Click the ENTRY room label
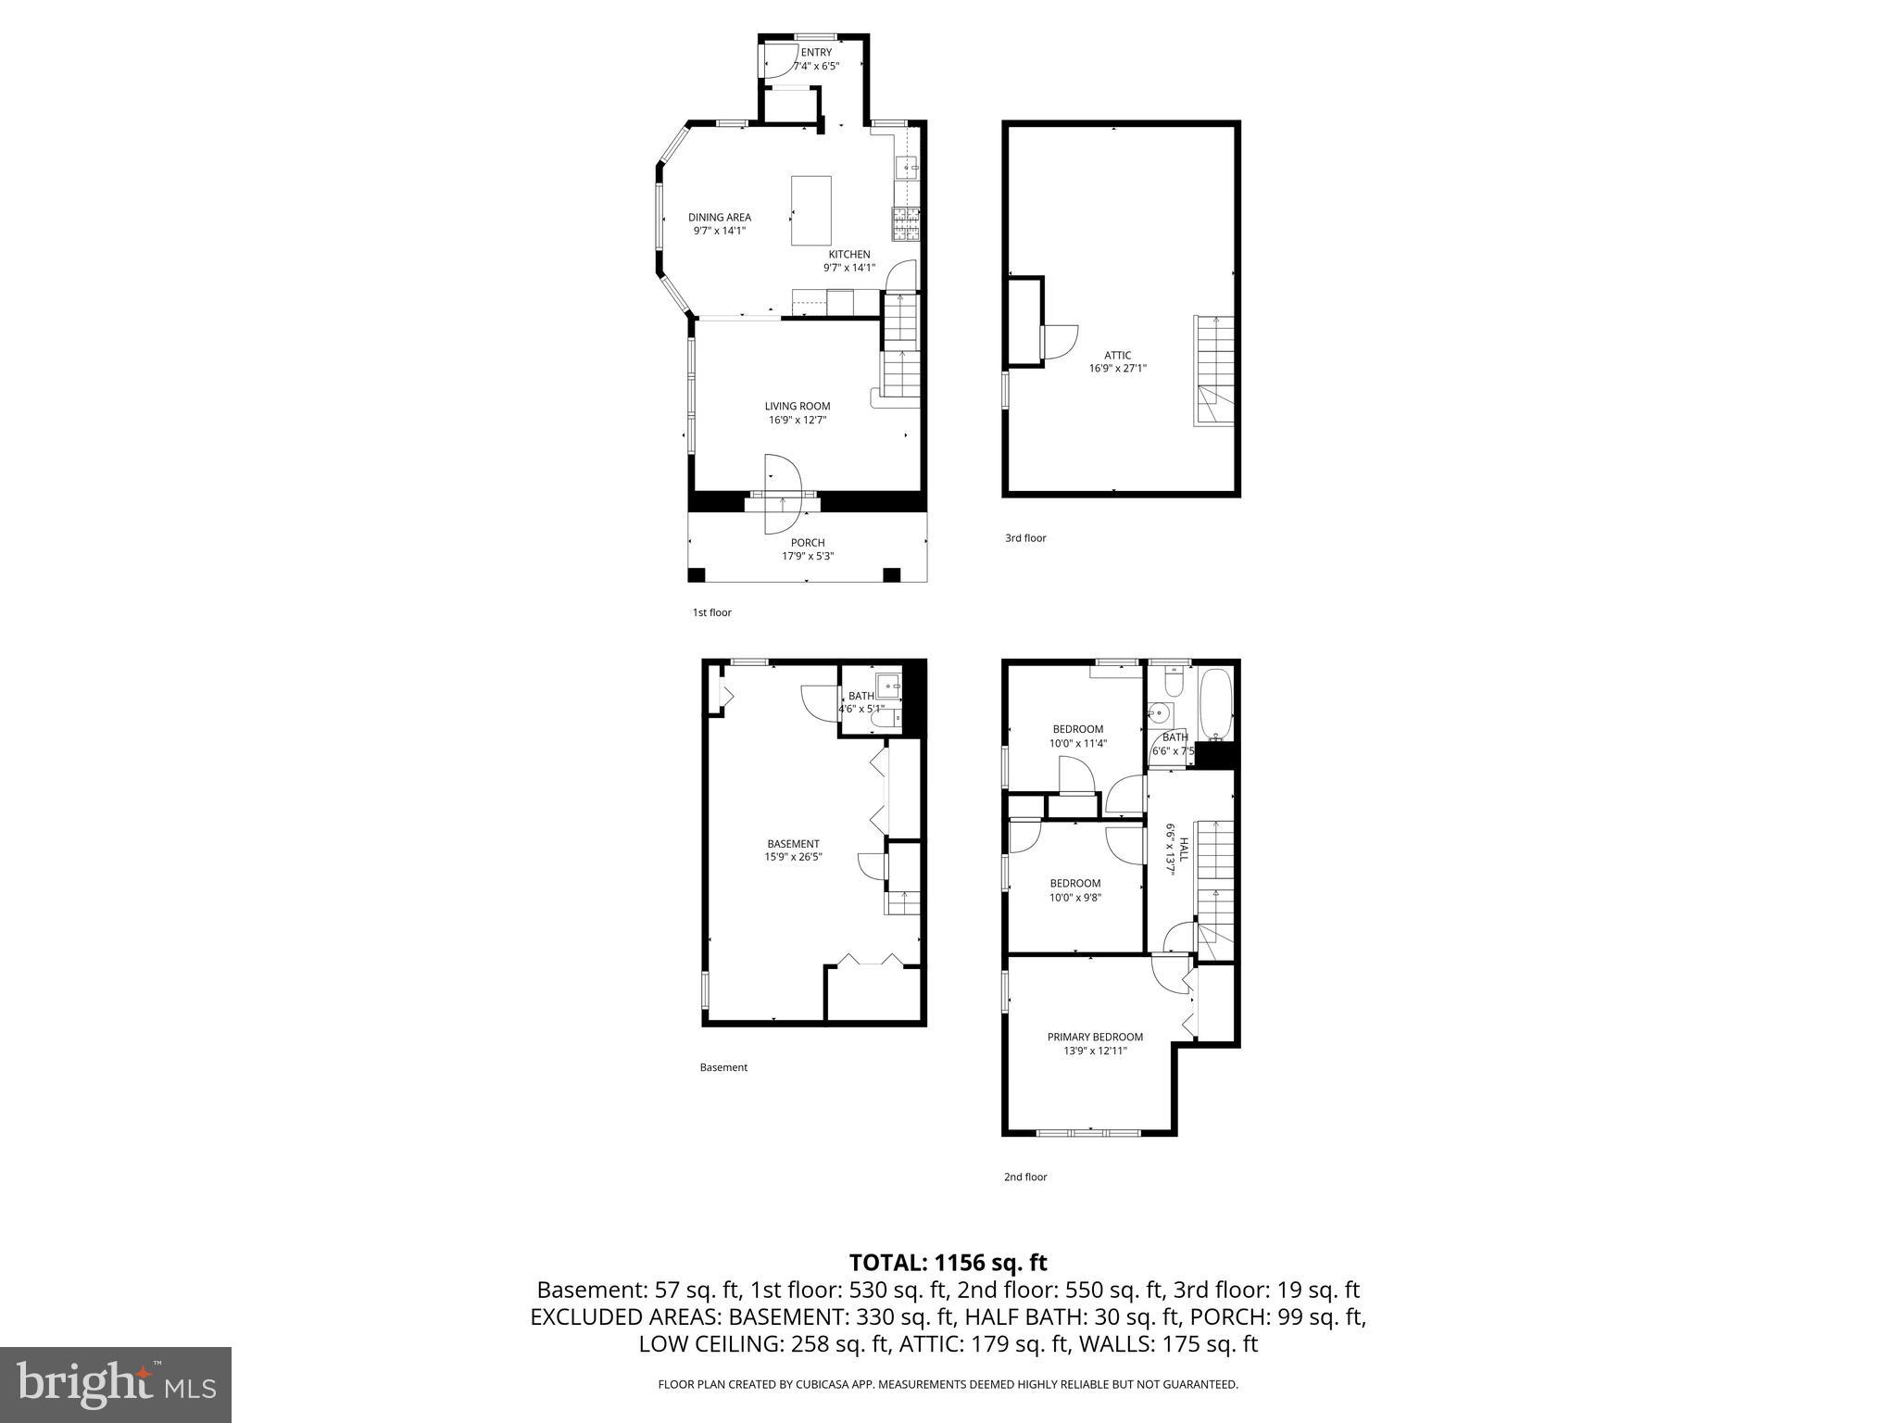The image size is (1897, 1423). [816, 53]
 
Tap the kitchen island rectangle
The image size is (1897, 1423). [810, 210]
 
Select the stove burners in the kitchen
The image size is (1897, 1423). [905, 223]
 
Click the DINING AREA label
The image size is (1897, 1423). [720, 218]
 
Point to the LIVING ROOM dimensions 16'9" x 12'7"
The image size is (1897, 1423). [797, 420]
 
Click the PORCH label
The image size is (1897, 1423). [808, 543]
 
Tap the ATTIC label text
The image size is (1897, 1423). [1117, 355]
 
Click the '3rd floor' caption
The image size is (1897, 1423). [1025, 538]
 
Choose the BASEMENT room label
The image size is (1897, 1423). [793, 844]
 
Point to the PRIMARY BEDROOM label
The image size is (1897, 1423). [1095, 1037]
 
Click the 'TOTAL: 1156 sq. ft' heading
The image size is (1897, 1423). [948, 1263]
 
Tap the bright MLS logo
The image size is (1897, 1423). [116, 1384]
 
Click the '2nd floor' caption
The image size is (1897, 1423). [1025, 1177]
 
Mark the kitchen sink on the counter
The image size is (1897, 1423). [906, 168]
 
